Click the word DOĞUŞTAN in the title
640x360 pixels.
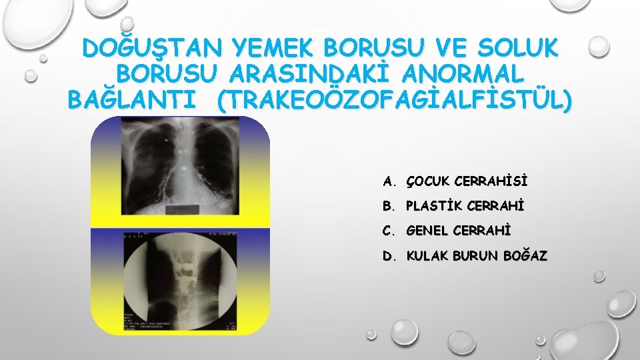click(x=153, y=50)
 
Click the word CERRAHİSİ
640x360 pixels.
click(x=490, y=181)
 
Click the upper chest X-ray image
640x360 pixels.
click(x=181, y=170)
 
